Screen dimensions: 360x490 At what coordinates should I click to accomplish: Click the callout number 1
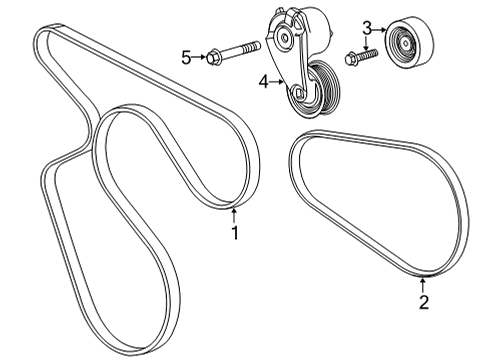pos(235,233)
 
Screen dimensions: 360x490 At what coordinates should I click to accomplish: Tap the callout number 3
pos(367,27)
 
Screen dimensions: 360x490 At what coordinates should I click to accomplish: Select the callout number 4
pos(264,84)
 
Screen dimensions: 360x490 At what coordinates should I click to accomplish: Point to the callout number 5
pos(185,57)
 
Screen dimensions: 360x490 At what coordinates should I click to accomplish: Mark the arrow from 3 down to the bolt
pos(367,41)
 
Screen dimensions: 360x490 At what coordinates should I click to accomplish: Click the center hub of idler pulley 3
pos(403,44)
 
